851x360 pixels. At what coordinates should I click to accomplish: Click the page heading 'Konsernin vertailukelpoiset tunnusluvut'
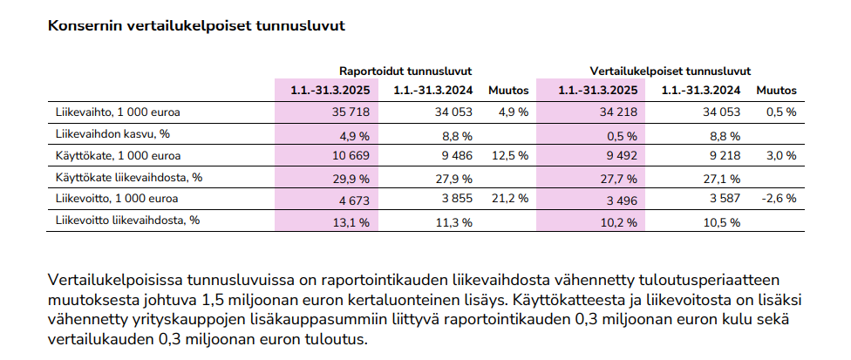[x=196, y=26]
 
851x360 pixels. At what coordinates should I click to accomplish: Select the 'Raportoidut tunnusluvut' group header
[x=405, y=71]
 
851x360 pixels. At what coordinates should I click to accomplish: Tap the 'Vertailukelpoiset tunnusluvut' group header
[x=671, y=71]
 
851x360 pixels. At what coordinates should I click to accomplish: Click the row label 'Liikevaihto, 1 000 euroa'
[x=118, y=112]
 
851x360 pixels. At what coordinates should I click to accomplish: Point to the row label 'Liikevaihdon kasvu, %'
[x=108, y=134]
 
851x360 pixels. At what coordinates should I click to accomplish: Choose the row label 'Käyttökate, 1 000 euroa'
[x=119, y=156]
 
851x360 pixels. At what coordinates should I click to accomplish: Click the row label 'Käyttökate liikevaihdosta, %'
[x=129, y=177]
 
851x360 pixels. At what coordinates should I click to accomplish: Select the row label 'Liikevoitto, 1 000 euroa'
[x=117, y=199]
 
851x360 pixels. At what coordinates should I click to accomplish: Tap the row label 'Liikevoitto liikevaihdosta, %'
[x=127, y=221]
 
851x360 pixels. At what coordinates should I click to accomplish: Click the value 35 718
[x=351, y=112]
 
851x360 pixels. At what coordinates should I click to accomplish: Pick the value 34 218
[x=618, y=112]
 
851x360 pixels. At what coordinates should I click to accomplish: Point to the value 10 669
[x=351, y=156]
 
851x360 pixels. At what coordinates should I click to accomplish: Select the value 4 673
[x=354, y=200]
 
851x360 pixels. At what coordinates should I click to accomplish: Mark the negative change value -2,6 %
[x=779, y=199]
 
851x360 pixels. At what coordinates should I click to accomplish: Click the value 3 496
[x=622, y=200]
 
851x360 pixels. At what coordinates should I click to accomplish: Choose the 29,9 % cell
[x=351, y=179]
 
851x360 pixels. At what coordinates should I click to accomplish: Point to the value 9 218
[x=725, y=156]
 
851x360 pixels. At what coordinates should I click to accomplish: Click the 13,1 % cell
[x=351, y=222]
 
